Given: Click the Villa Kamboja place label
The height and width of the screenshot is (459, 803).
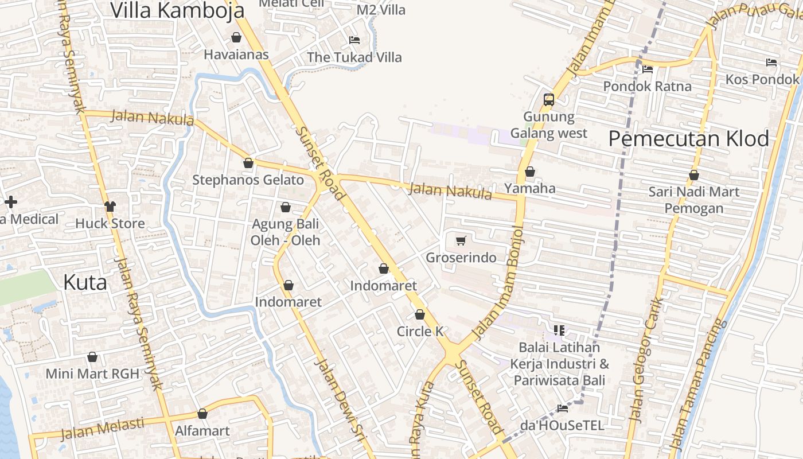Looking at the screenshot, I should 177,10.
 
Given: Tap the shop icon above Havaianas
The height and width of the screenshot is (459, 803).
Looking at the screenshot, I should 236,38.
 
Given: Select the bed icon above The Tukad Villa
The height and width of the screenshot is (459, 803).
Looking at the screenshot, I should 354,40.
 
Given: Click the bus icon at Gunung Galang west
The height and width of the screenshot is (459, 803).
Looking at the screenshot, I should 549,99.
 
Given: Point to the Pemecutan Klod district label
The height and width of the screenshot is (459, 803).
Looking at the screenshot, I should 688,139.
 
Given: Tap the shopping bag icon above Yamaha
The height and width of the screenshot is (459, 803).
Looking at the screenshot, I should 530,172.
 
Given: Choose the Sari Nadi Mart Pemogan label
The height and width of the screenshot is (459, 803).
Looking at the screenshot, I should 694,200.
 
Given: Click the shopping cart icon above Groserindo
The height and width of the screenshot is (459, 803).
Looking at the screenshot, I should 461,240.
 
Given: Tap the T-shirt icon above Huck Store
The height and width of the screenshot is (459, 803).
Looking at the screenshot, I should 110,207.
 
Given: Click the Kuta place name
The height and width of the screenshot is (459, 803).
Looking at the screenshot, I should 85,283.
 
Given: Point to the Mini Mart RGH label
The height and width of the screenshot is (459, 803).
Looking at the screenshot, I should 92,374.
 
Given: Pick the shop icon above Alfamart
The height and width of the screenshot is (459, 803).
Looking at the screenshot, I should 202,414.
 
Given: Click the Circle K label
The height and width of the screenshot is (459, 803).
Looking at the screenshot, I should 420,332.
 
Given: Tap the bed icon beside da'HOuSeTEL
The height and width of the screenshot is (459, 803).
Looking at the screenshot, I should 563,409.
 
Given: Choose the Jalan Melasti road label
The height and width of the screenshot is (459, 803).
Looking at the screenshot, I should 102,429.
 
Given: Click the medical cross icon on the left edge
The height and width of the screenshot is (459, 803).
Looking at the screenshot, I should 10,202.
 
